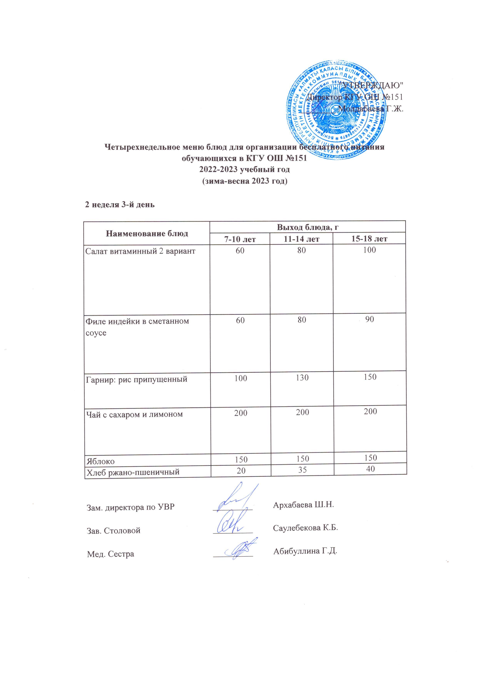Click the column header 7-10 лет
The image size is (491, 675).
(240, 239)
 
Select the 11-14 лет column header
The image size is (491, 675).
(302, 239)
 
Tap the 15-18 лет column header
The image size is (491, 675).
(370, 238)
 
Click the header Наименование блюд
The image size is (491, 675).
(147, 233)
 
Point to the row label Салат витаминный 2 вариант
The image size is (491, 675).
(140, 251)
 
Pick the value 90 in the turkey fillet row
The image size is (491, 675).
(370, 319)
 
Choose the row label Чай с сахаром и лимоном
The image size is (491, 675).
(134, 414)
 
